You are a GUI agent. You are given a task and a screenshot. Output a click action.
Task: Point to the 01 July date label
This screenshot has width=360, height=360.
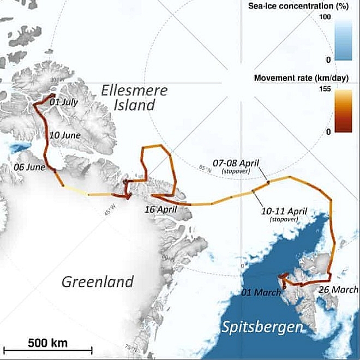64,102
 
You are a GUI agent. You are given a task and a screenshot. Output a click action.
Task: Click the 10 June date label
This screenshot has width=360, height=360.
65,135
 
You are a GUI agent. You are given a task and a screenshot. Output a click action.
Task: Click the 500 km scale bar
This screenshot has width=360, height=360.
47,351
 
